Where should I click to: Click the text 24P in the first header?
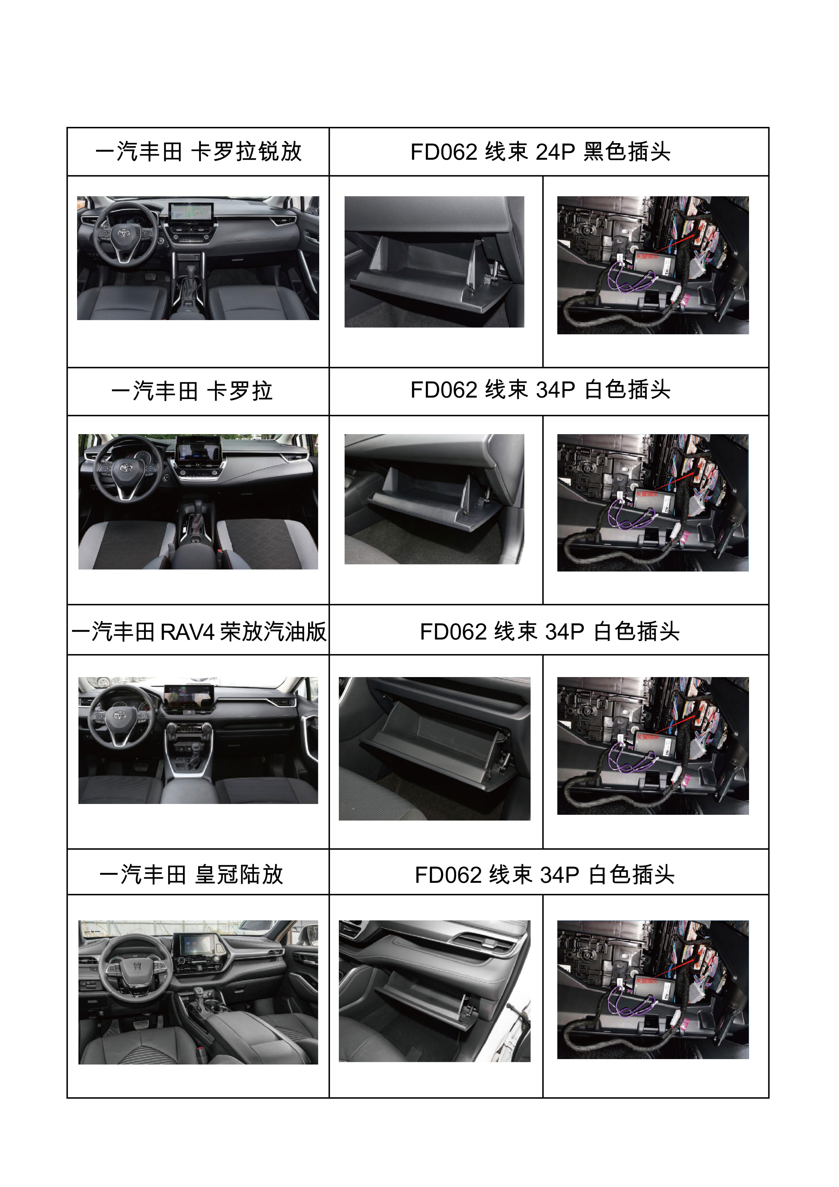click(x=555, y=152)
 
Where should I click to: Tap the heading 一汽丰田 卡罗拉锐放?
click(x=199, y=152)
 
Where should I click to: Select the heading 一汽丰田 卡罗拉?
click(x=191, y=391)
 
